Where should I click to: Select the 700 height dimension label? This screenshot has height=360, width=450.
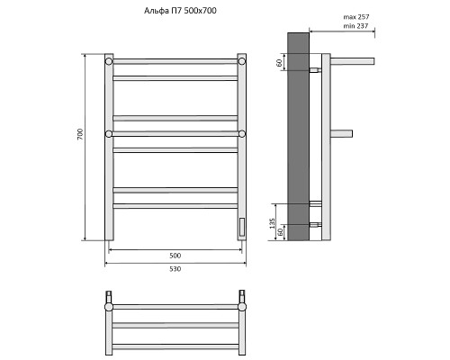(80, 134)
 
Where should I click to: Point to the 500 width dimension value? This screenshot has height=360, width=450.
(175, 256)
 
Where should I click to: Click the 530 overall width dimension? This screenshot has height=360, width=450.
(175, 269)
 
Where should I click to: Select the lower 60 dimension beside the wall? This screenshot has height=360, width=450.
(281, 231)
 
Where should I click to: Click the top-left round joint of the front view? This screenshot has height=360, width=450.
(109, 62)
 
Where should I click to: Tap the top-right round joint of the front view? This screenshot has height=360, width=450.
(242, 62)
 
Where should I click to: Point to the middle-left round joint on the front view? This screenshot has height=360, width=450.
(109, 134)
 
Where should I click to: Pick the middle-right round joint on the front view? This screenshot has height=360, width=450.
(242, 134)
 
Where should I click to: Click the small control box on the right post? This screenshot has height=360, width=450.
(241, 227)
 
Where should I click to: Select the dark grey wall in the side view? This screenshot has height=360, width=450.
(298, 135)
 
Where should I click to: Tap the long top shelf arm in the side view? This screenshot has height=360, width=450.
(355, 61)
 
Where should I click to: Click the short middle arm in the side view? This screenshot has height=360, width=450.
(341, 134)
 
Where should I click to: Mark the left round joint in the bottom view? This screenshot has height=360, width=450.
(109, 307)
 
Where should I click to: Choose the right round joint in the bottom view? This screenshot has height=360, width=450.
(242, 307)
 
